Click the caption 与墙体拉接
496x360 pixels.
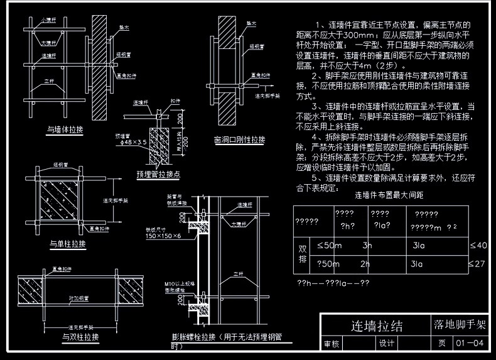(x=66, y=130)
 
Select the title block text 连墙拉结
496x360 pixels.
(x=376, y=326)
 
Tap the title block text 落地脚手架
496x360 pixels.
(x=460, y=325)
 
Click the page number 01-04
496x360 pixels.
(x=470, y=343)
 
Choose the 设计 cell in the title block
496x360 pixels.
(x=385, y=343)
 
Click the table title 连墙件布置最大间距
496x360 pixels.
(x=389, y=195)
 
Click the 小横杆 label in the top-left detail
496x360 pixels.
(x=48, y=20)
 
